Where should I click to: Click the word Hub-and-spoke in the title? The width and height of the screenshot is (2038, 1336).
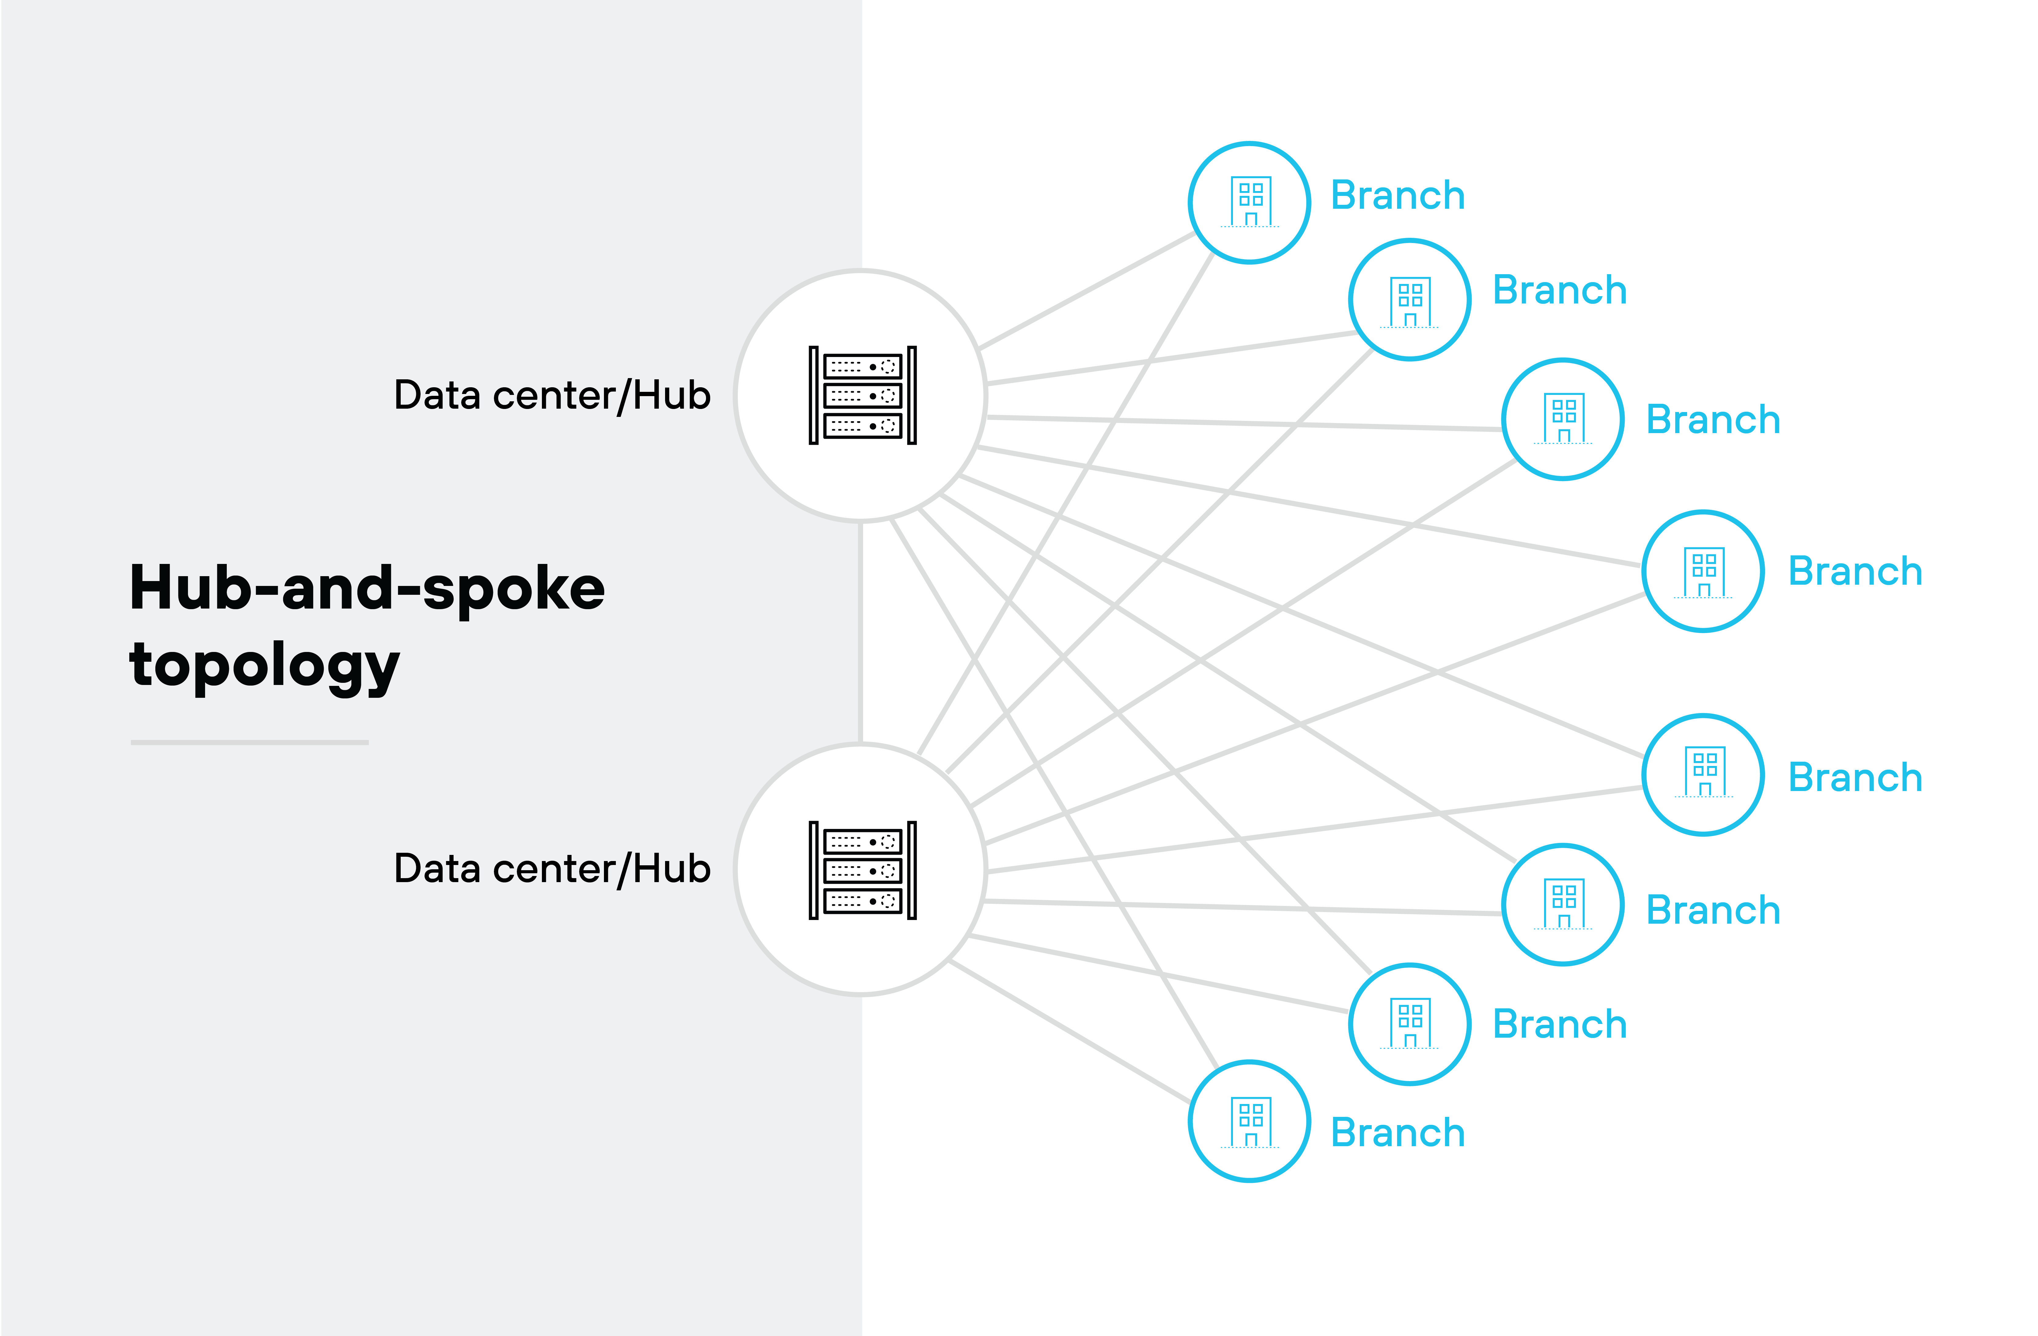click(366, 589)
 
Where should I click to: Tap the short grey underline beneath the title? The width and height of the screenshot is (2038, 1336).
click(249, 742)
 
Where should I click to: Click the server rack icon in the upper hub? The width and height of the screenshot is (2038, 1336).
click(862, 396)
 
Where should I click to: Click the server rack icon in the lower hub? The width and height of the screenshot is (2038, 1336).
click(862, 870)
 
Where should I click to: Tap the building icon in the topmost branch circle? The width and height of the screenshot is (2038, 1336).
click(1250, 202)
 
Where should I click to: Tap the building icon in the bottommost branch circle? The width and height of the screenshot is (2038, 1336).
click(1250, 1122)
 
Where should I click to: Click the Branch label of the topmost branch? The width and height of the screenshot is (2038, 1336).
click(1397, 196)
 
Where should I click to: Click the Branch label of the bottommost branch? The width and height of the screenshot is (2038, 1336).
click(1397, 1133)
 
